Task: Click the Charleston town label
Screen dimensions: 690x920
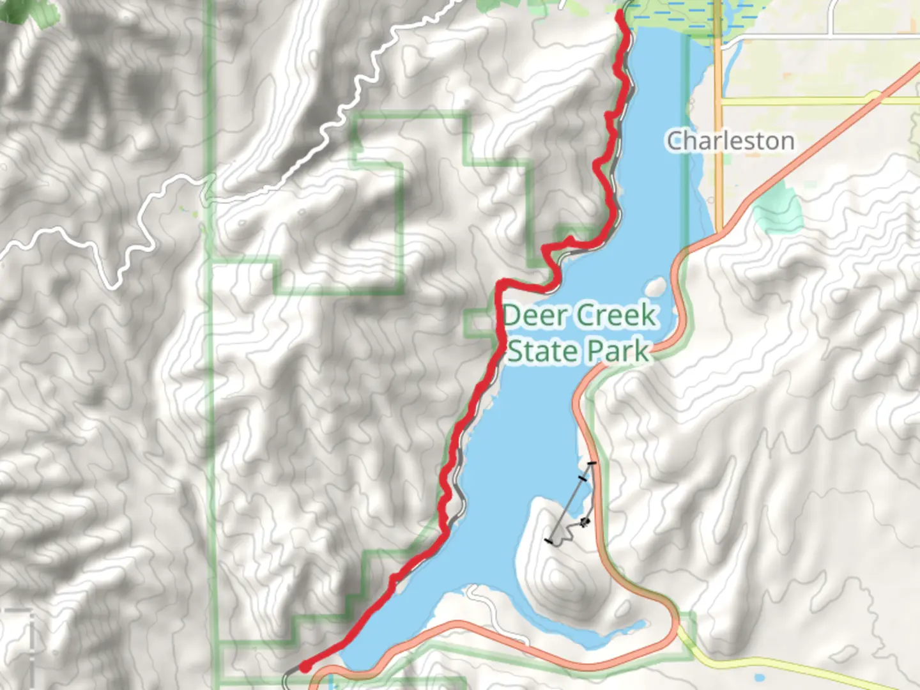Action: pyautogui.click(x=730, y=141)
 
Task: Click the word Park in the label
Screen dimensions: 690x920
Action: pyautogui.click(x=618, y=351)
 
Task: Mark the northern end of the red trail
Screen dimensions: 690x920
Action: pyautogui.click(x=620, y=13)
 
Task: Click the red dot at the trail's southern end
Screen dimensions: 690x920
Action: pyautogui.click(x=305, y=667)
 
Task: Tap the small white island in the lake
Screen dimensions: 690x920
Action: pyautogui.click(x=657, y=285)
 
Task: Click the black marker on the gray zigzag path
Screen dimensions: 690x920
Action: pyautogui.click(x=585, y=523)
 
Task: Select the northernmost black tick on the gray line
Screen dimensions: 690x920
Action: pyautogui.click(x=592, y=463)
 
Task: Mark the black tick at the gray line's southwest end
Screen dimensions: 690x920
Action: pyautogui.click(x=549, y=541)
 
